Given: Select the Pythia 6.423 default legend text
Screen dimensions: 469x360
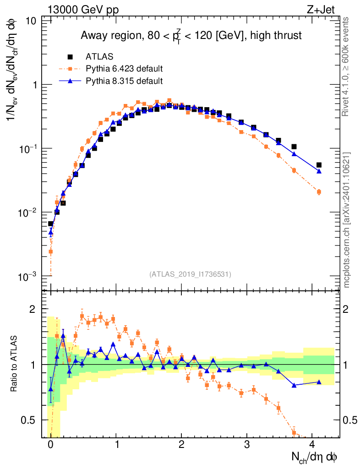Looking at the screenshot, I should pyautogui.click(x=124, y=69).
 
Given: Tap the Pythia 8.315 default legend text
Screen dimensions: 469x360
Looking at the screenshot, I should pyautogui.click(x=124, y=81).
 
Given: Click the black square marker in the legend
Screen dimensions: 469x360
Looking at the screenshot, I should pyautogui.click(x=70, y=57).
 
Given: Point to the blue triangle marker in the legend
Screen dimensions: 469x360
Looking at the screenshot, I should pyautogui.click(x=70, y=81).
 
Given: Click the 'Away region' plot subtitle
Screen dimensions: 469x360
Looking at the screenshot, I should pyautogui.click(x=191, y=35).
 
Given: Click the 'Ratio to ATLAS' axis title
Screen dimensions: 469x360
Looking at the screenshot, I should pyautogui.click(x=15, y=364).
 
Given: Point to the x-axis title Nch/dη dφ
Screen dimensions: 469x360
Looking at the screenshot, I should pyautogui.click(x=315, y=457).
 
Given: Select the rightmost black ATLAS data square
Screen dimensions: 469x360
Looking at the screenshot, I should pyautogui.click(x=319, y=165).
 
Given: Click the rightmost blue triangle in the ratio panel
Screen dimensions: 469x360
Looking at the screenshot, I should pyautogui.click(x=319, y=382).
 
